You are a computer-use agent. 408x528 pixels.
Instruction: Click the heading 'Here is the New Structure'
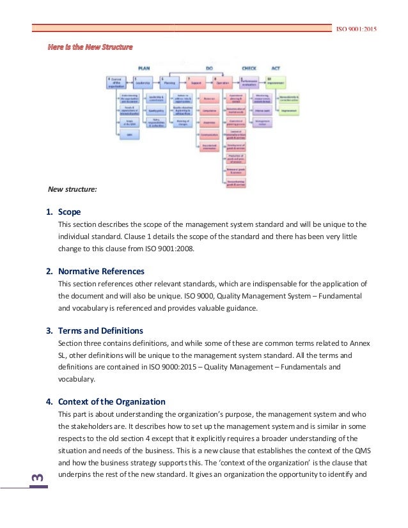coord(90,47)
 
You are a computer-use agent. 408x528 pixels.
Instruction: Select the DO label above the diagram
coord(209,67)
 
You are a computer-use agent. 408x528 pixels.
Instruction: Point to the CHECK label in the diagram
coord(249,67)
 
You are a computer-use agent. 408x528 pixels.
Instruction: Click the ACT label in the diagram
coord(276,67)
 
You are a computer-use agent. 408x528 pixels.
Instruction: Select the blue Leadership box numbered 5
coord(145,82)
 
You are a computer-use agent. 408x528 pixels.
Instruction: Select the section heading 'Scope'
coord(69,212)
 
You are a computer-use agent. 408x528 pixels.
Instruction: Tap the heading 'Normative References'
coord(101,271)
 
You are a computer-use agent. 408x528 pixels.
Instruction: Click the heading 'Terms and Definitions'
coord(100,330)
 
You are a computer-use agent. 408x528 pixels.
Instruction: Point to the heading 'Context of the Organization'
coord(111,401)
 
